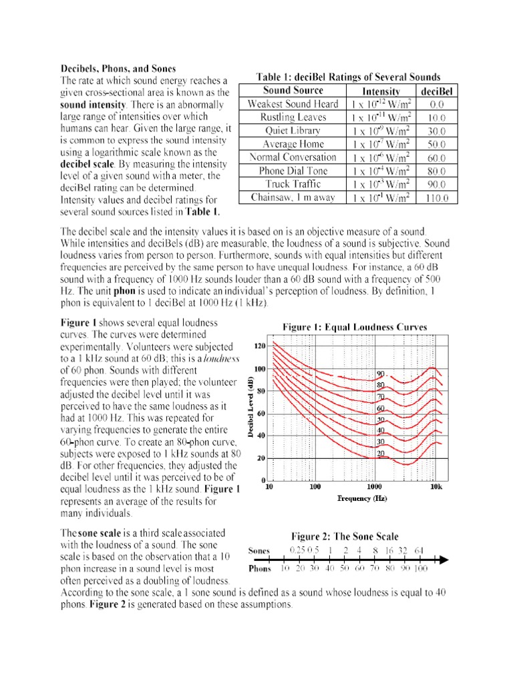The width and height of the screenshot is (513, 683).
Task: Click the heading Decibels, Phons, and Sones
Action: [118, 68]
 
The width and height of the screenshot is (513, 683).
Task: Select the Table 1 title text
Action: [349, 77]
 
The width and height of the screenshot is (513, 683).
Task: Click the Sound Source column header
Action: [293, 90]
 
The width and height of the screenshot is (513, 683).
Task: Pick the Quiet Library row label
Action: [293, 131]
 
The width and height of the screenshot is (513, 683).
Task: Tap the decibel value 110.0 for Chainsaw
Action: [438, 198]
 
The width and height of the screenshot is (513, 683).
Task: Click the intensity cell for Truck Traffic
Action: [379, 184]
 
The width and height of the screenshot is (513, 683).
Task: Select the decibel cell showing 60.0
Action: [438, 157]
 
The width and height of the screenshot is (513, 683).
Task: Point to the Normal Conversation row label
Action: [293, 157]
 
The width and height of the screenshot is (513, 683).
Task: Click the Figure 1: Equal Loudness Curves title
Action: [355, 327]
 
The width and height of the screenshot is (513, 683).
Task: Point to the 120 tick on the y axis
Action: [261, 346]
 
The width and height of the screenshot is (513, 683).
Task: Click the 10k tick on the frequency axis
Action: [436, 488]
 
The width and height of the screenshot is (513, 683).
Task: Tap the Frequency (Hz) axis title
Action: [362, 498]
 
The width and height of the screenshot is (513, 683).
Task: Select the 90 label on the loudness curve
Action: [381, 374]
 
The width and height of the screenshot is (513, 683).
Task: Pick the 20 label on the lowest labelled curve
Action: [381, 453]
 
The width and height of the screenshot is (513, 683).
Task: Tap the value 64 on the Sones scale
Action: [419, 550]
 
